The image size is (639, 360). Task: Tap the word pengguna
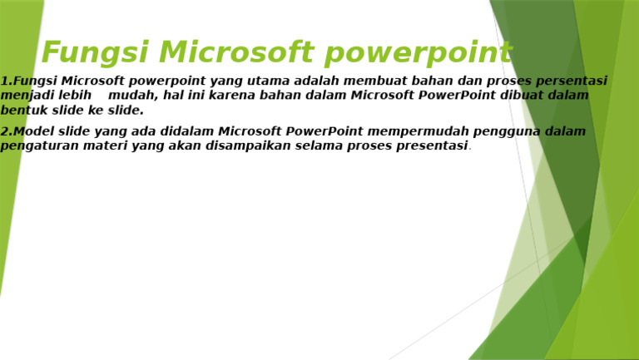[505, 131]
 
